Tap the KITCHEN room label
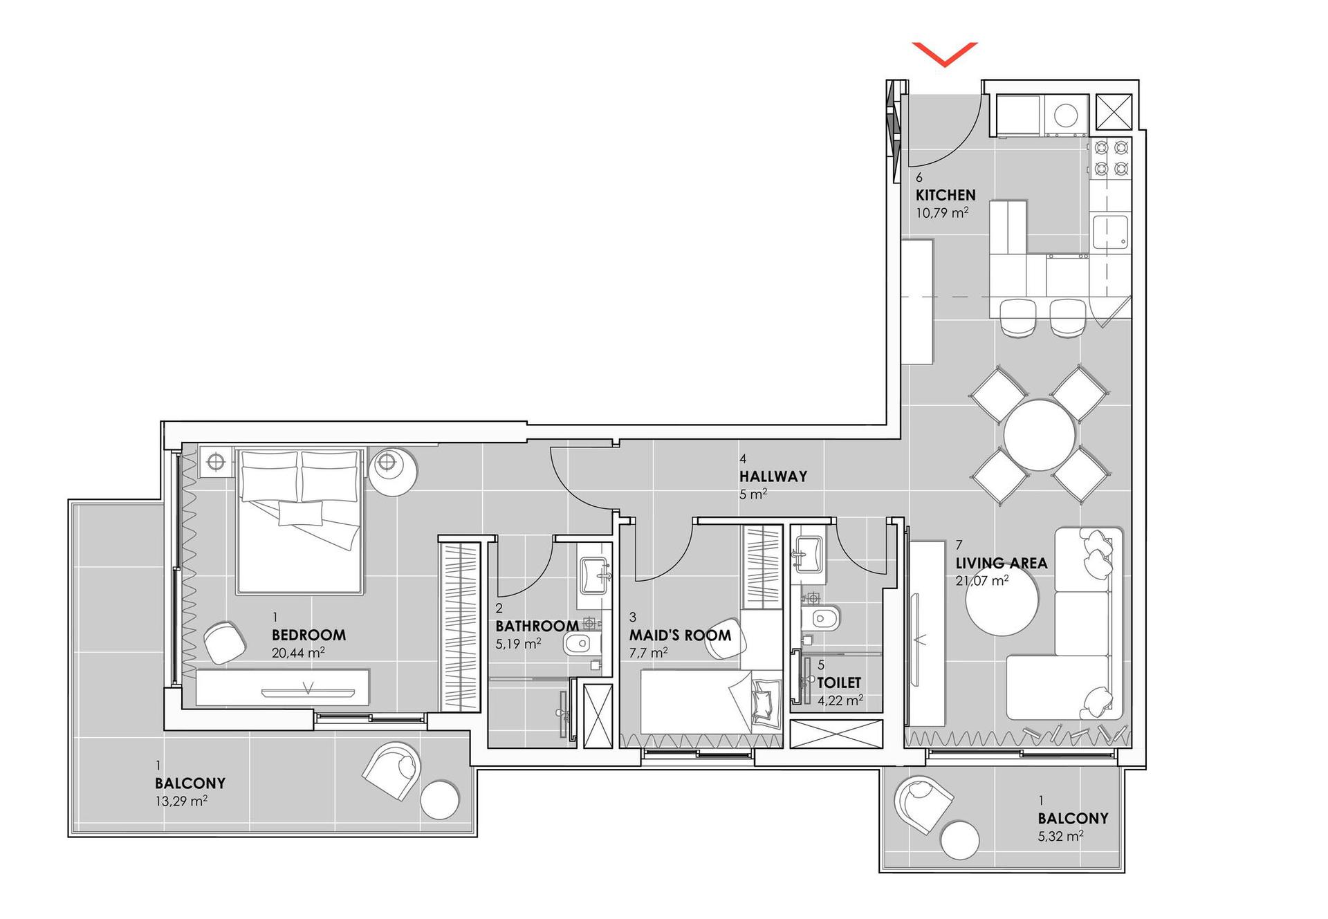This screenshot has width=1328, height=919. (x=946, y=195)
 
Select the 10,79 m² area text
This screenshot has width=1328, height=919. (x=942, y=212)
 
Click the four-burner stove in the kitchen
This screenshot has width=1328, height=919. (x=1111, y=158)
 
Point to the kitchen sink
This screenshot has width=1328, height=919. (x=1111, y=232)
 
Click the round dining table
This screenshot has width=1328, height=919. (x=1040, y=435)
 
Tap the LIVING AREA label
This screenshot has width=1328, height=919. (x=1002, y=563)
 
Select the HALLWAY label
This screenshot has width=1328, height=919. (x=773, y=476)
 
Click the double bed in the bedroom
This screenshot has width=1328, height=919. (x=300, y=521)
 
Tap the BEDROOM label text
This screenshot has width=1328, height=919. (x=308, y=635)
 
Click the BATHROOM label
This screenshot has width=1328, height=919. (x=537, y=626)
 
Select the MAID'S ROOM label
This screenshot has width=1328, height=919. (x=680, y=635)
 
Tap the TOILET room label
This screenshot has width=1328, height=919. (x=839, y=683)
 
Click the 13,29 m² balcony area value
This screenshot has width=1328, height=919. (x=181, y=801)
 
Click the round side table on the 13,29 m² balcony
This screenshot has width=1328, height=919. (x=440, y=800)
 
